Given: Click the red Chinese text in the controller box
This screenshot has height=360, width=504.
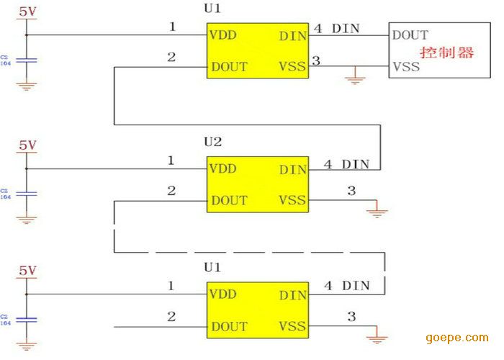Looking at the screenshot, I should click(x=447, y=53).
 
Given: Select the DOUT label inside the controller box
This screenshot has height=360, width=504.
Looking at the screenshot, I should click(x=410, y=35).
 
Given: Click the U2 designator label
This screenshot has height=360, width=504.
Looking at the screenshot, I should click(x=213, y=143).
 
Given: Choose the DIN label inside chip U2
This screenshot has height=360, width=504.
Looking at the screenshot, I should click(x=292, y=170).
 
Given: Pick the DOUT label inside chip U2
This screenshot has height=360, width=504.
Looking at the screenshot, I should click(x=229, y=200).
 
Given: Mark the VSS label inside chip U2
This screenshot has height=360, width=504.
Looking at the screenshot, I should click(x=292, y=200).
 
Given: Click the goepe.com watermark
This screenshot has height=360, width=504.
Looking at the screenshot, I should click(x=456, y=338).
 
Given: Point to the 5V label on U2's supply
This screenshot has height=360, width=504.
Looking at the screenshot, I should click(x=27, y=145).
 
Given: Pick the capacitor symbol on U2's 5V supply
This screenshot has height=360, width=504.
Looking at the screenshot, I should click(x=27, y=194).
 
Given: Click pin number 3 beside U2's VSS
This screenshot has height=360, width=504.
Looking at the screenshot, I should click(x=351, y=191).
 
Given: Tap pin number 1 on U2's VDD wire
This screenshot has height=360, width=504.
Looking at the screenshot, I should click(x=171, y=161).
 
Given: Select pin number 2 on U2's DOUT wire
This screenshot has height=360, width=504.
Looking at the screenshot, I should click(x=171, y=191).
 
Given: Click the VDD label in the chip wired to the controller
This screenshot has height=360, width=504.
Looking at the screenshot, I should click(x=223, y=35).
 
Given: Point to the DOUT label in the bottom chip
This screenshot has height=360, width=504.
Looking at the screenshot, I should click(x=229, y=326).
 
